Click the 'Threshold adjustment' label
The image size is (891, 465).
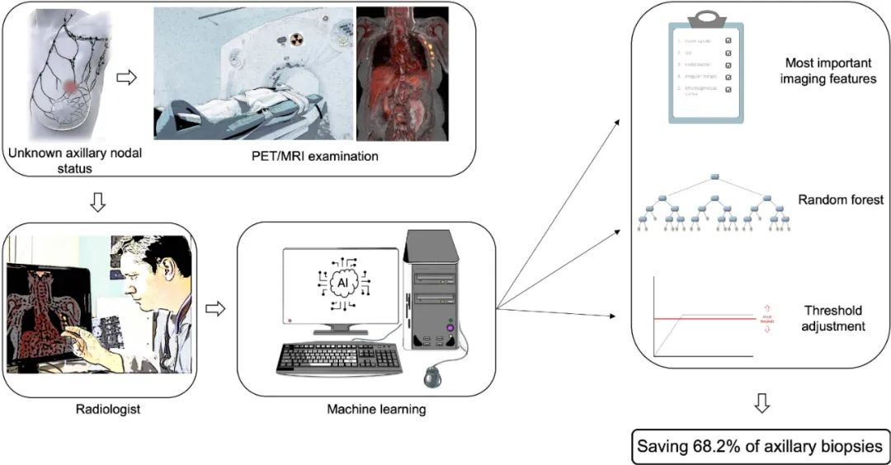tap(833, 318)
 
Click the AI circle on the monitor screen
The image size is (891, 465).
tap(342, 281)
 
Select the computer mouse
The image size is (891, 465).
tap(433, 377)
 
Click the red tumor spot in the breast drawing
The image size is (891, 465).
tap(73, 87)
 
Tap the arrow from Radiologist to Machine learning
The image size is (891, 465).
tap(214, 308)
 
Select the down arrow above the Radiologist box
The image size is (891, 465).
tap(98, 203)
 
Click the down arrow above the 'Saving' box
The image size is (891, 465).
tap(761, 403)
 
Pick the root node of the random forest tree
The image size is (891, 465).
tap(715, 177)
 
